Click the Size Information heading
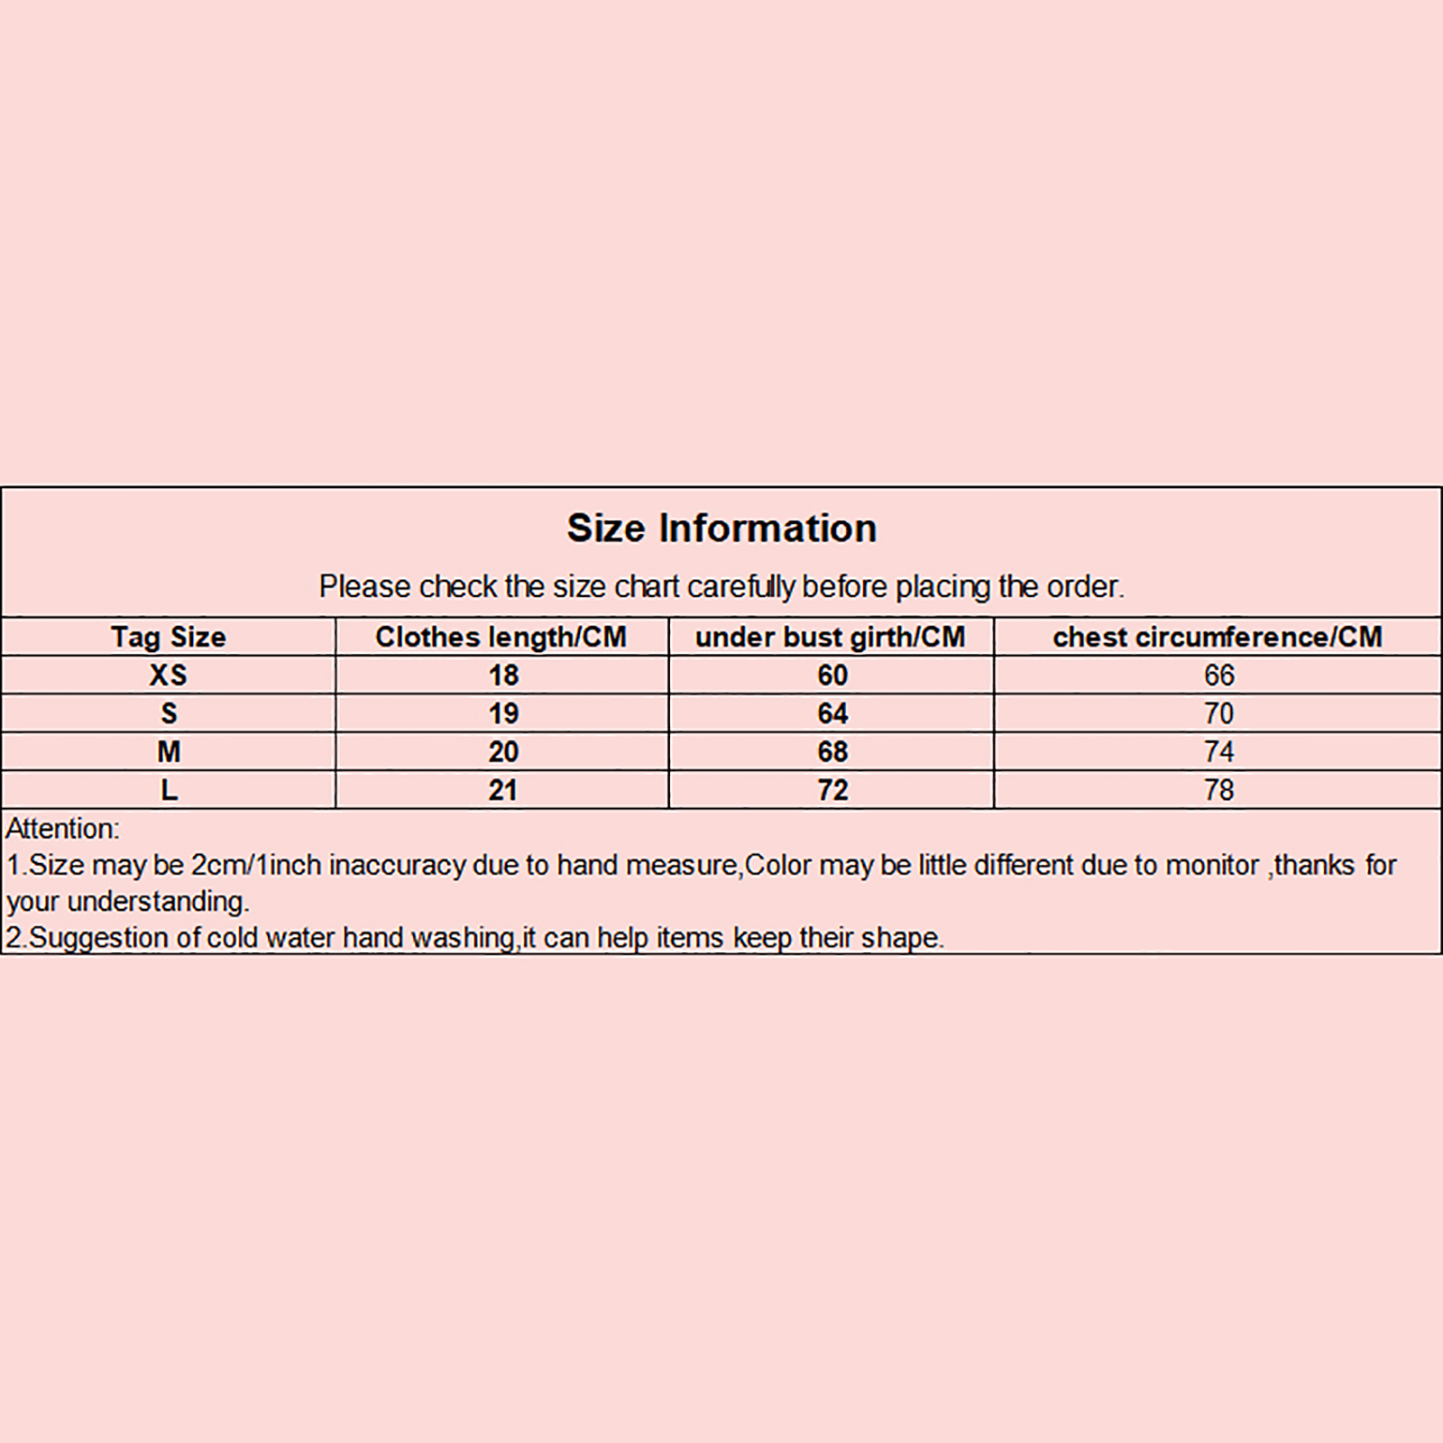point(721,528)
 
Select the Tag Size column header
point(169,637)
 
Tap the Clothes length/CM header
point(501,637)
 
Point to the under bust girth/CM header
point(830,637)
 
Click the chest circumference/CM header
point(1218,637)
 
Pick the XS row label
point(169,676)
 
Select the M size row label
point(169,751)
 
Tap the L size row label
point(169,790)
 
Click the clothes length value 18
point(503,676)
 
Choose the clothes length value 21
point(503,790)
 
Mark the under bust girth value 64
point(832,713)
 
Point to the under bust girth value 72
point(832,790)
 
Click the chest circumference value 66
point(1218,676)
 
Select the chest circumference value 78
point(1218,790)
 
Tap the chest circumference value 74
point(1218,751)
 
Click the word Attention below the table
point(61,829)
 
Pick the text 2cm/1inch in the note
point(256,866)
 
